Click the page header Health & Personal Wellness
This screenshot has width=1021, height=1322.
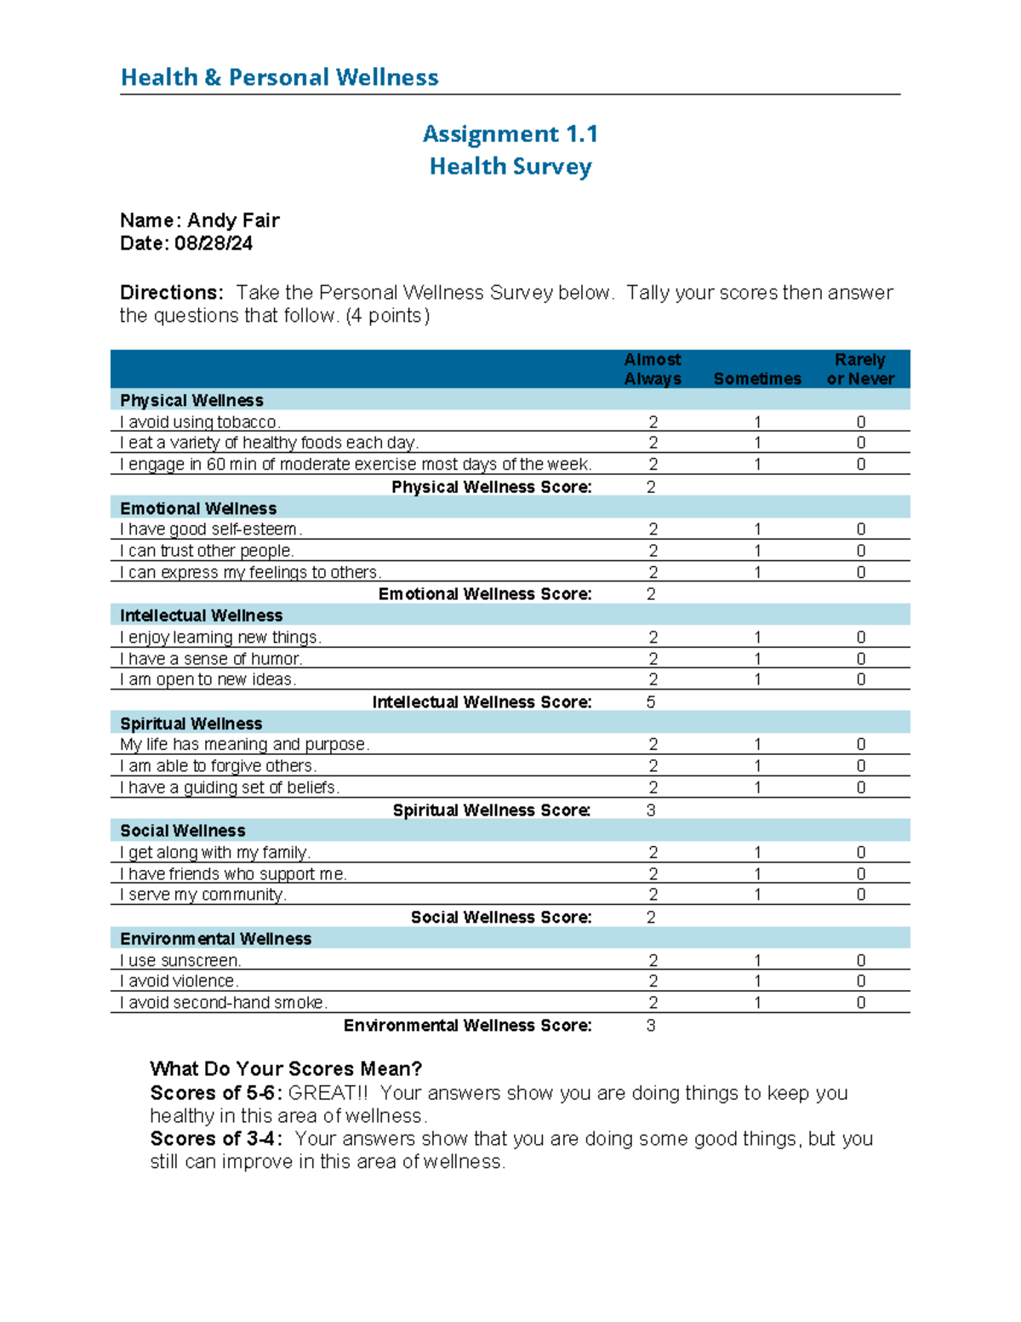pos(279,77)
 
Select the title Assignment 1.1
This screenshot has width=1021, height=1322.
pos(510,134)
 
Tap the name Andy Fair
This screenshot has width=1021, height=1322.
pos(233,220)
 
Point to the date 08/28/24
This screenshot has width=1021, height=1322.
pos(214,243)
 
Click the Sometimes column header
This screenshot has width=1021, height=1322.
pos(757,379)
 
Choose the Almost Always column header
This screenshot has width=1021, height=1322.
pos(653,369)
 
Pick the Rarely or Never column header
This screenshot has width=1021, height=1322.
pos(860,369)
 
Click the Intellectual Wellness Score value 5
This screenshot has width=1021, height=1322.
pos(651,702)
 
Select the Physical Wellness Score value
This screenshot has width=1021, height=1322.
pos(651,487)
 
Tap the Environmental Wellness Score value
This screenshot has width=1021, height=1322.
pos(651,1026)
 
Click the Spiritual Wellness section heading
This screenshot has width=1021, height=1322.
pos(191,724)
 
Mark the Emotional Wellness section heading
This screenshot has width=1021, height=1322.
pos(198,508)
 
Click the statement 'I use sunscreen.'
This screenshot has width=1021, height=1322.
pos(180,960)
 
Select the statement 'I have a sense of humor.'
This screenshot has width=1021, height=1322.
pos(211,659)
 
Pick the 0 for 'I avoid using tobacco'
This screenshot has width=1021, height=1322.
pos(861,422)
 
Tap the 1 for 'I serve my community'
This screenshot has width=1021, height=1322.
pos(757,895)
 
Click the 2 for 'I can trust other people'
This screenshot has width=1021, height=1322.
pos(653,551)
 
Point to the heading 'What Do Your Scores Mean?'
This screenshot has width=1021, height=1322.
pos(286,1069)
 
